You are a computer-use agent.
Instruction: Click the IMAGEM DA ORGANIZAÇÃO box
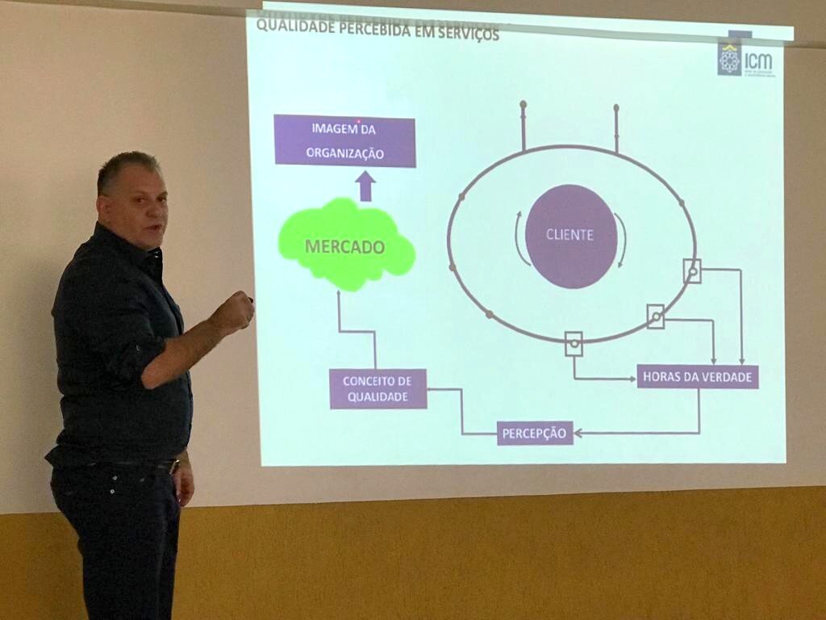(344, 140)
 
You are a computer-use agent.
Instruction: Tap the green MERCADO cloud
(345, 245)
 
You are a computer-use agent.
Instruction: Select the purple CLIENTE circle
(570, 236)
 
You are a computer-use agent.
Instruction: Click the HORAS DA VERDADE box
(698, 376)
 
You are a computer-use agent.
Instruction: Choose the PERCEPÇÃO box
(535, 433)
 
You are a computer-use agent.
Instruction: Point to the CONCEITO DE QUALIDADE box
(378, 388)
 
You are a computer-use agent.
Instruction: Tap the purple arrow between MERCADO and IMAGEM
(365, 186)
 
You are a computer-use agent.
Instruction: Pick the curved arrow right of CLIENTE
(621, 240)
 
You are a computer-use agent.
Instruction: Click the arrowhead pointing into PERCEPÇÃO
(578, 434)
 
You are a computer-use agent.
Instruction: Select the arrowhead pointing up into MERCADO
(339, 295)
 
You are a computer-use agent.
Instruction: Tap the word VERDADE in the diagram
(725, 376)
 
